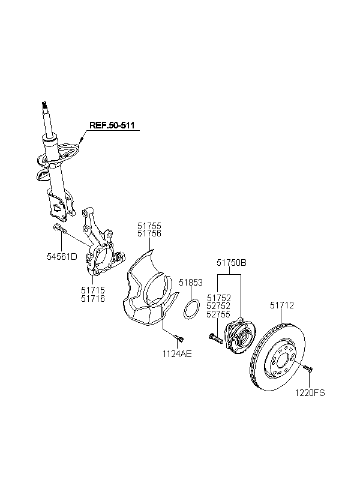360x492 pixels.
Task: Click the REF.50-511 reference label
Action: (112, 125)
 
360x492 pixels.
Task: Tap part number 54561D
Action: (62, 257)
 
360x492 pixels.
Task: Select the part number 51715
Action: (93, 290)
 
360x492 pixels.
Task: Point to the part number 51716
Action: (93, 298)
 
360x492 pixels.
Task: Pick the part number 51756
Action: (149, 233)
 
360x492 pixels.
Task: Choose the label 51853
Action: (191, 283)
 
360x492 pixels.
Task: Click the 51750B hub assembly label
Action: (232, 263)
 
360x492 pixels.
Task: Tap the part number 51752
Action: (219, 298)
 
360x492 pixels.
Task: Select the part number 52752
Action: (219, 306)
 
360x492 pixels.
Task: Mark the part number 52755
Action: (219, 314)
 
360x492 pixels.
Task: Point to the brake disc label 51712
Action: (282, 305)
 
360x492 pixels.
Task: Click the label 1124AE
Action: (177, 354)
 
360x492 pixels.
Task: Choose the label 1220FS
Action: (310, 392)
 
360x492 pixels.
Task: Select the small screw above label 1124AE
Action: (179, 338)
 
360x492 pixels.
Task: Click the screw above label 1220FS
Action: (308, 368)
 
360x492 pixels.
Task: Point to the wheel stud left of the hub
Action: (215, 338)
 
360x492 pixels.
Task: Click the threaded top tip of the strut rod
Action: (44, 105)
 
